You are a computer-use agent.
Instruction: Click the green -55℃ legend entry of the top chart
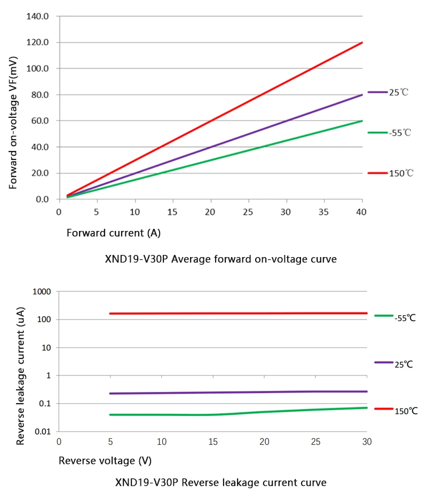(390, 132)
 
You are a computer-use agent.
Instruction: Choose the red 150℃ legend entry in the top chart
(390, 173)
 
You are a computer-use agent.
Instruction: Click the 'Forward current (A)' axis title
(114, 233)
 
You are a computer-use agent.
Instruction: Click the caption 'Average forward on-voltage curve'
(221, 260)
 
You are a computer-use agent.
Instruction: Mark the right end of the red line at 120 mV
(362, 43)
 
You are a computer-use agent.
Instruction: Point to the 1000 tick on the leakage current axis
(41, 292)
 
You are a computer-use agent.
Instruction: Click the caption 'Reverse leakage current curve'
(220, 483)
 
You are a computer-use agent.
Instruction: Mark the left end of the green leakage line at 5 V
(110, 414)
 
